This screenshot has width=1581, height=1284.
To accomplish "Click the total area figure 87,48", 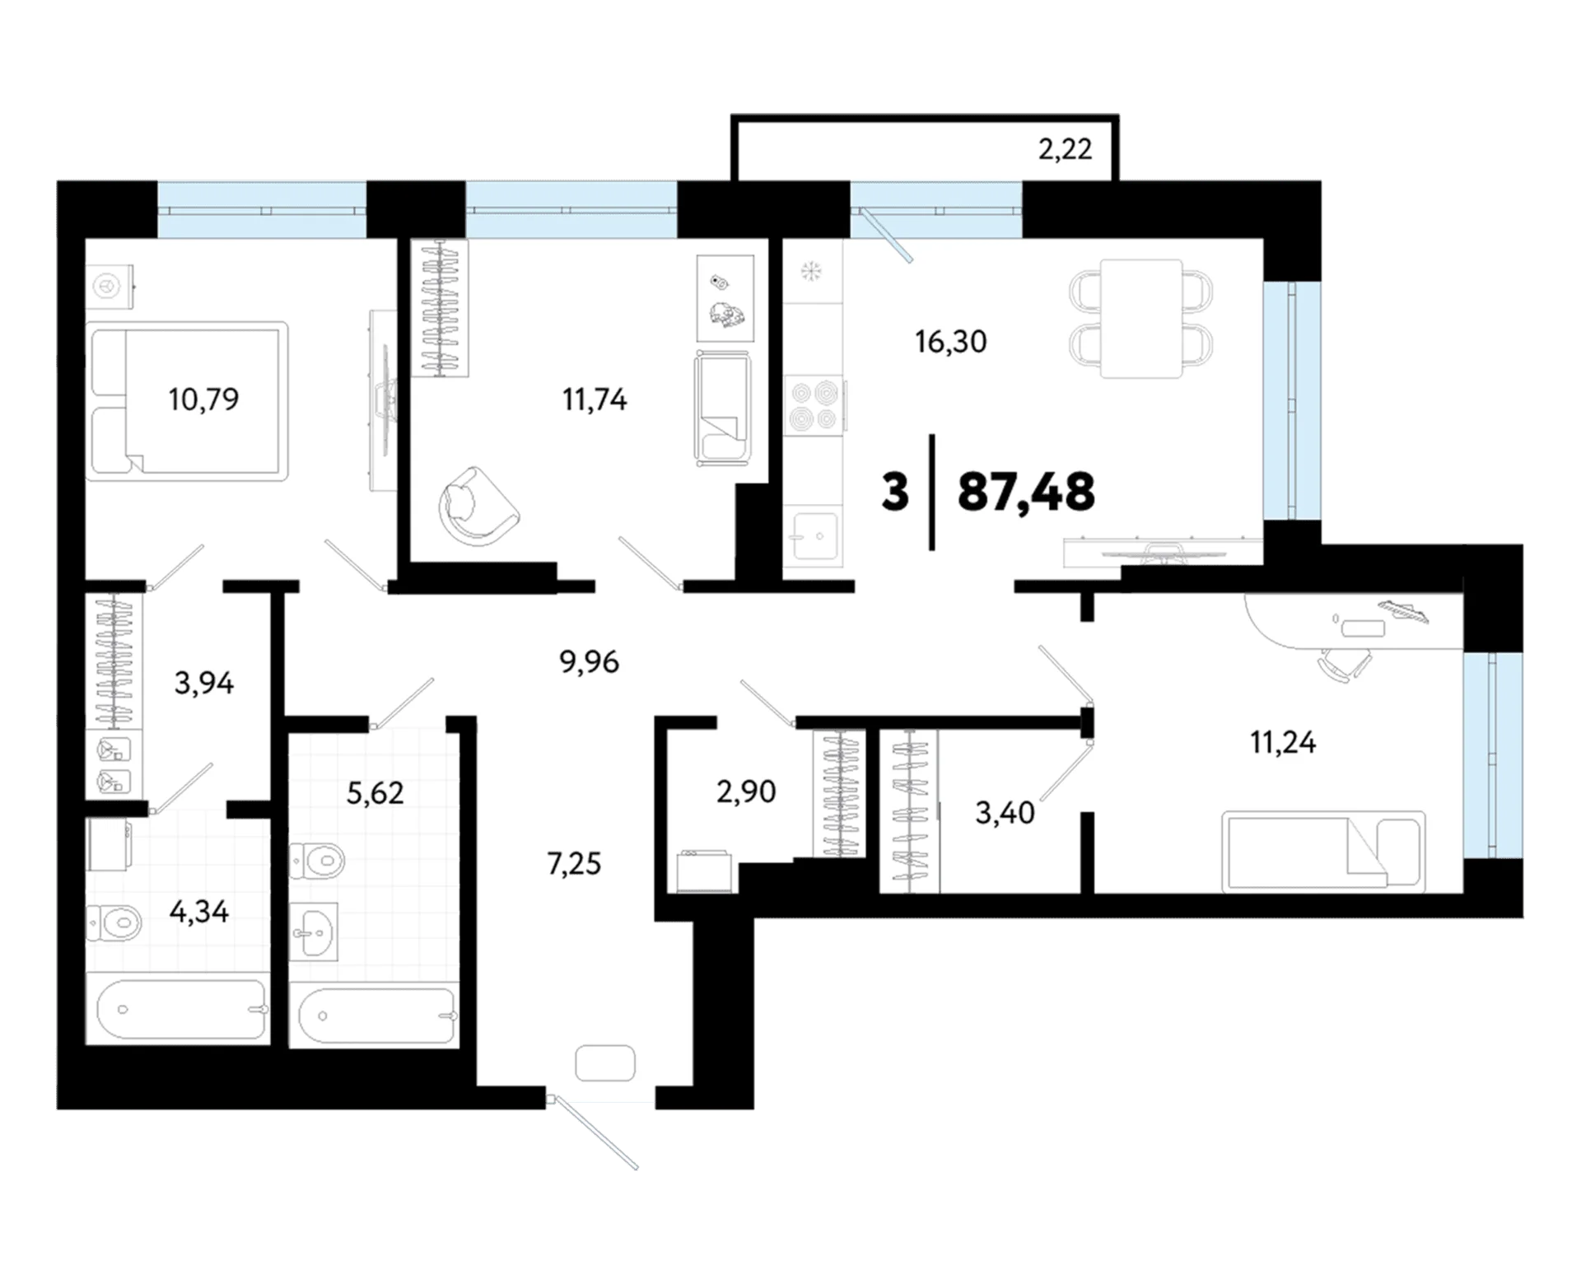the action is pos(1026,492).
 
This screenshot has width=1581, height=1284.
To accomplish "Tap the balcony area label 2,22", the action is pos(1065,149).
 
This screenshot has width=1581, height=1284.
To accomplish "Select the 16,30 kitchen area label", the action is pos(951,341).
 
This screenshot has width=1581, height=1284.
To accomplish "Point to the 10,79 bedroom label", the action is pos(203,399).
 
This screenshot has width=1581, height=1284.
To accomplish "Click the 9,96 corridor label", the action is pos(590,661).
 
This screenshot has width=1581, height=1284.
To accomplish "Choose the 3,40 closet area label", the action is pos(1005,813).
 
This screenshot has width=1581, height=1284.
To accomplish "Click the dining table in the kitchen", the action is pos(1141,319).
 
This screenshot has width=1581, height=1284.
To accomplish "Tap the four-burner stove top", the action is pos(814,405).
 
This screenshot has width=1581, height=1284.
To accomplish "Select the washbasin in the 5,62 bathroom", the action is pos(314,931).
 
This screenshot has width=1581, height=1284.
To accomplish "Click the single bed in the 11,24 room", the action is pos(1323,852).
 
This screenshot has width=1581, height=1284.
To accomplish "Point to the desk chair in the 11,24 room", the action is pos(1345,662).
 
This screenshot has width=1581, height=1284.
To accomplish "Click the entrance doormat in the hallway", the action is pos(605,1063).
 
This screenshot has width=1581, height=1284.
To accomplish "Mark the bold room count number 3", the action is pos(895,493).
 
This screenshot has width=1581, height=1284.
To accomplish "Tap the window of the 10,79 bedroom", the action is pos(262,210).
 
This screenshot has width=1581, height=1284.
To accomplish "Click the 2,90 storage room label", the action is pos(746,791).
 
